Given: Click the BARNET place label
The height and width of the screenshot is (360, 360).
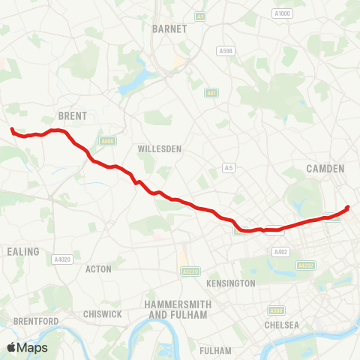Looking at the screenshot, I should pyautogui.click(x=163, y=28).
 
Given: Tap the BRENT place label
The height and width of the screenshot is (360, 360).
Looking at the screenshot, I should pyautogui.click(x=73, y=116).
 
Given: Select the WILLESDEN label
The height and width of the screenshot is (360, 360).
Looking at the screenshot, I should pyautogui.click(x=160, y=149).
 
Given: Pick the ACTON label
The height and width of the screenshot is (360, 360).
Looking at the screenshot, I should pyautogui.click(x=99, y=268).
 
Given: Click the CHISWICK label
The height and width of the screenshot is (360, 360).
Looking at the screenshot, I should pyautogui.click(x=103, y=313).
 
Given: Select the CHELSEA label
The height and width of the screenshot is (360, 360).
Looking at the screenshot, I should pyautogui.click(x=281, y=325).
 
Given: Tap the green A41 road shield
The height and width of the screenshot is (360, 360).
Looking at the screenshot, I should pyautogui.click(x=211, y=92).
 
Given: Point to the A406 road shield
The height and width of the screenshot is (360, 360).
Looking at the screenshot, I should pyautogui.click(x=107, y=140).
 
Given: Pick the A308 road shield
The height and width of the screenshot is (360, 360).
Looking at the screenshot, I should pyautogui.click(x=277, y=310).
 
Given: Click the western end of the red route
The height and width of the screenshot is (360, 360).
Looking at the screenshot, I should pyautogui.click(x=12, y=130).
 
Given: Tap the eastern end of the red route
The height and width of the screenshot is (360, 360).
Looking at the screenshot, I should pyautogui.click(x=348, y=208).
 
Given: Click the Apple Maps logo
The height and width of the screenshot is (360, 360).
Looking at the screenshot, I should pyautogui.click(x=26, y=347).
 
